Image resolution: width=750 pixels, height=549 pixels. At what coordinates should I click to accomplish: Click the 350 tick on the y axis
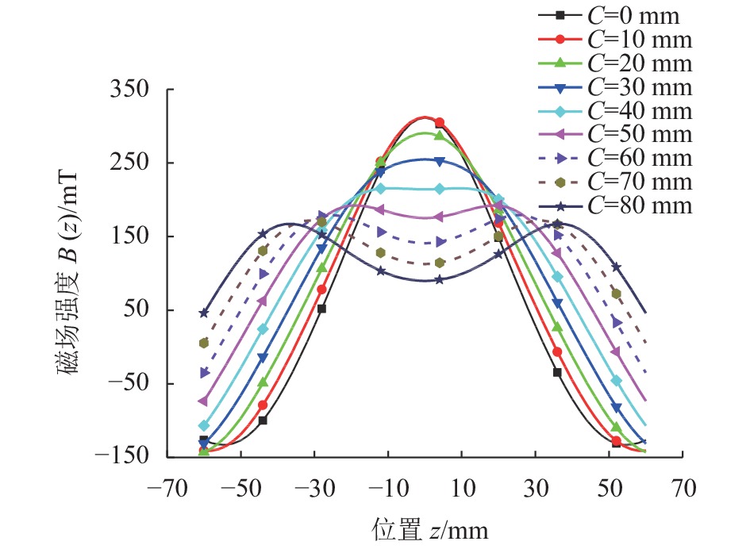coord(131,90)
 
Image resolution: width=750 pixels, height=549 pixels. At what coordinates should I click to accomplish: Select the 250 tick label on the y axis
coord(131,163)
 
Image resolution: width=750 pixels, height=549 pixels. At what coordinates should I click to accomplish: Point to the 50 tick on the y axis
coord(138,310)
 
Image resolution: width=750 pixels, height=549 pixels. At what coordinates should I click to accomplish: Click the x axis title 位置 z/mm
coord(429,528)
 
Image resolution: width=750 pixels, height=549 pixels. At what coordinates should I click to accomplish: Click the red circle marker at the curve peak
coord(440,123)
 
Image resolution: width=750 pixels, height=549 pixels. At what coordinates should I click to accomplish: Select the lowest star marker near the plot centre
coord(439,279)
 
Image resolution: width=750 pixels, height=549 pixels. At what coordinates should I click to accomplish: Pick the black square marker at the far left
coord(203,440)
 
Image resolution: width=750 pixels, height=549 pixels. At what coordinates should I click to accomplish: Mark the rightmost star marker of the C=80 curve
coord(617,267)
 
